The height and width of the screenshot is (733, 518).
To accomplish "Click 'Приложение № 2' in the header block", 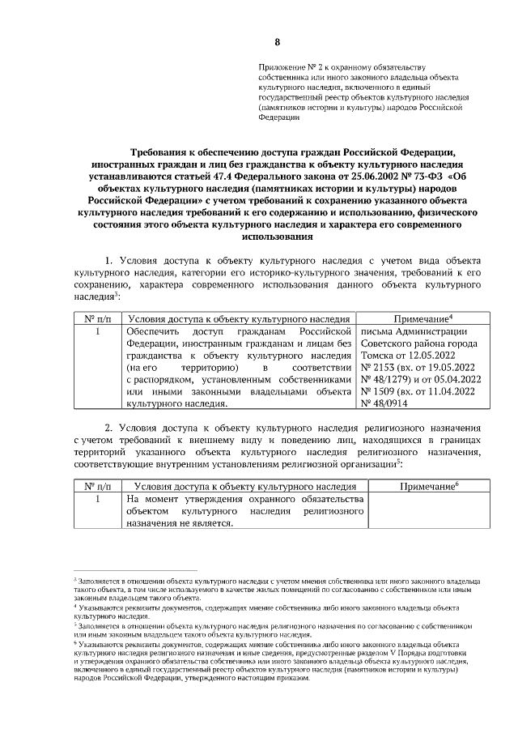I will click(x=286, y=64).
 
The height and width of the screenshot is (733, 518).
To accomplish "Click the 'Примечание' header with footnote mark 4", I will click(x=422, y=319).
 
